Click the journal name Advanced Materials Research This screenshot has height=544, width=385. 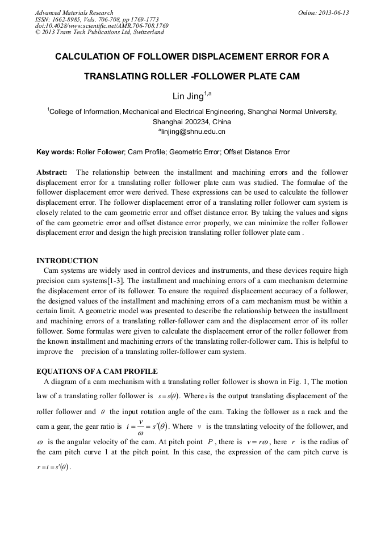74,12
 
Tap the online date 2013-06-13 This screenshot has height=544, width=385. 334,12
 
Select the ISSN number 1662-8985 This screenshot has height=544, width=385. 70,19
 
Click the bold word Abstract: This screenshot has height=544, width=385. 52,172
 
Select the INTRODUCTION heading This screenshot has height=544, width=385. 67,261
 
